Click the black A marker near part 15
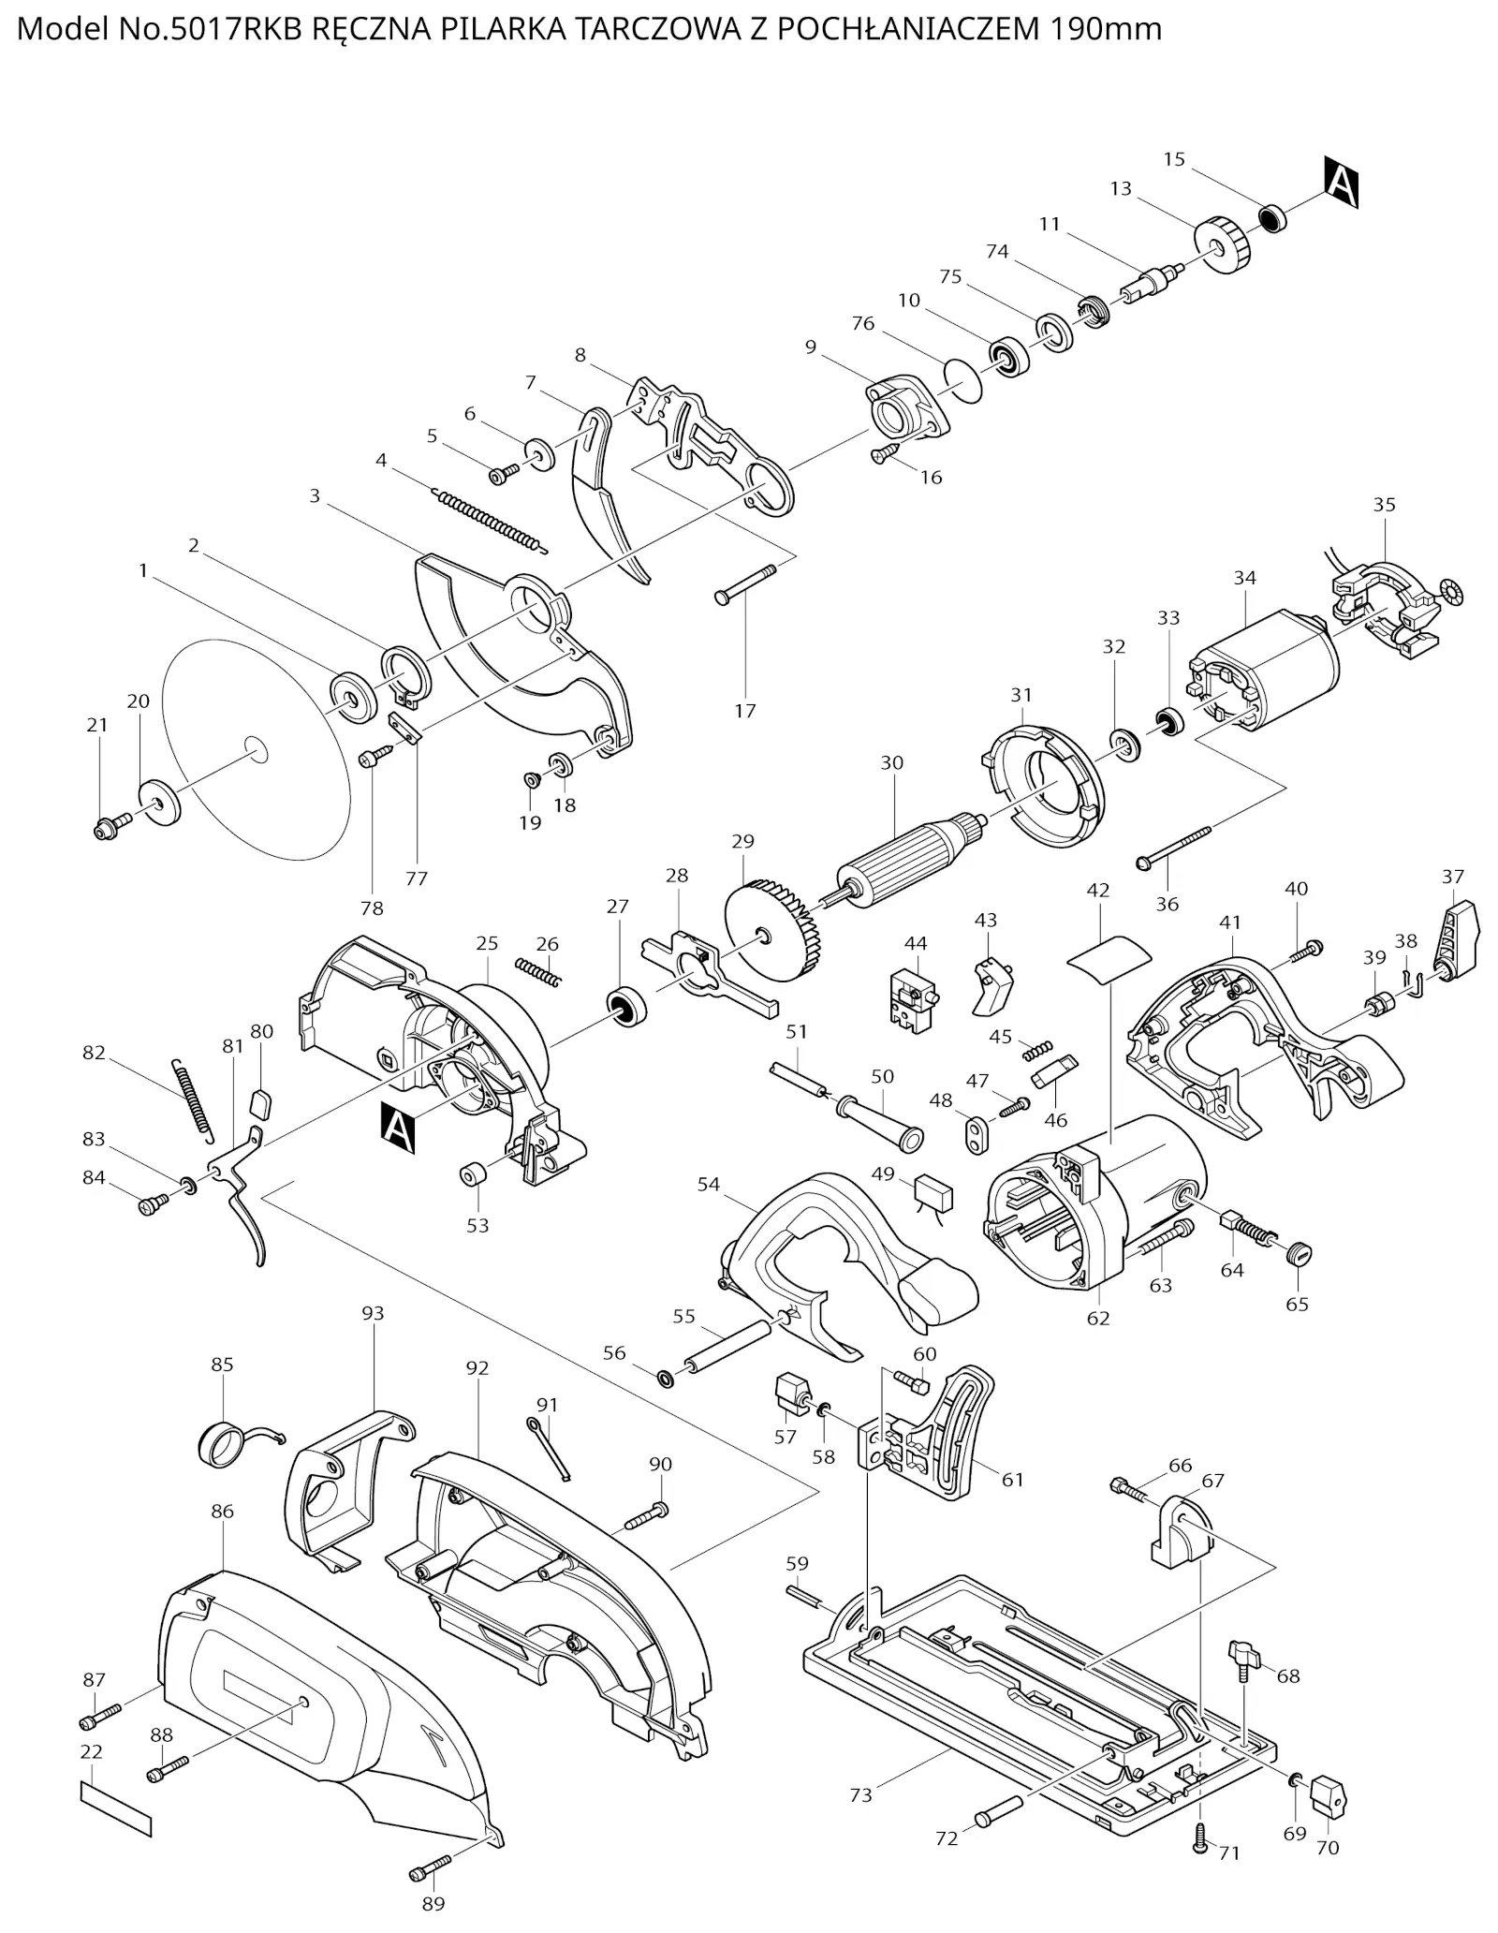1341,183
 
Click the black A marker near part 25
398,1129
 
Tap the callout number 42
1097,890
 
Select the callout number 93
373,1313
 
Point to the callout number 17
744,711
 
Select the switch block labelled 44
913,1001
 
